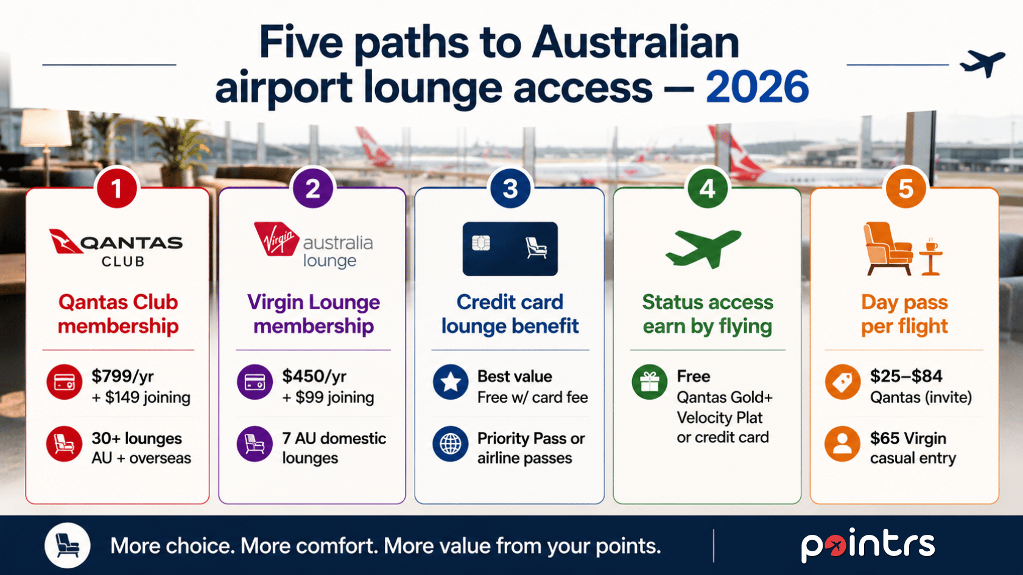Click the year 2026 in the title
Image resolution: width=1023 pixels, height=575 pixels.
point(757,86)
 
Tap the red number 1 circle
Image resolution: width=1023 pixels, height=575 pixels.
point(117,189)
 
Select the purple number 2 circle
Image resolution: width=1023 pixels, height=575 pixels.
point(313,189)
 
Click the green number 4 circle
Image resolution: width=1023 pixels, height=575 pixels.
point(708,189)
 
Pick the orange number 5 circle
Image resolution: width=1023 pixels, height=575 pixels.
point(905,189)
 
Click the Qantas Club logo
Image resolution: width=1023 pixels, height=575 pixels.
point(116,248)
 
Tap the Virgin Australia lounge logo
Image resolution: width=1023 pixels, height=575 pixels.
point(313,246)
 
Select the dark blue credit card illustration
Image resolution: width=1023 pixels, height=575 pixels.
point(510,249)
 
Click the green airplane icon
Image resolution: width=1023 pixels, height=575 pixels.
point(703,248)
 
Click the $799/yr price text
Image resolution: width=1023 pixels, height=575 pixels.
point(122,377)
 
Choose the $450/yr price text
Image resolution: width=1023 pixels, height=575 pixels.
point(314,377)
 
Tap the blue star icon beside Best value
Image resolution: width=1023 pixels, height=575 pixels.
point(451,382)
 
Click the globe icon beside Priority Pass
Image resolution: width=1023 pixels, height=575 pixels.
point(451,444)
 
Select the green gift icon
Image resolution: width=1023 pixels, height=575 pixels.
point(649,382)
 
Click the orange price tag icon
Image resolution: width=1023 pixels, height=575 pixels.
point(843,382)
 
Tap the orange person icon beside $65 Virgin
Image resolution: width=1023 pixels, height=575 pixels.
point(843,444)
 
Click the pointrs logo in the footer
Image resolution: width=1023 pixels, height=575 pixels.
point(868,545)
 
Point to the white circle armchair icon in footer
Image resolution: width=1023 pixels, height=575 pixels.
point(68,545)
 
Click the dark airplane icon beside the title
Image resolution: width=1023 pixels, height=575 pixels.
point(982,64)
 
